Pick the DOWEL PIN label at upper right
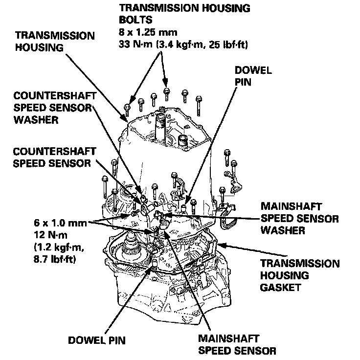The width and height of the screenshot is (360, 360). coord(253,76)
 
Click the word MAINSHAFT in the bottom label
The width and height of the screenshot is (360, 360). coord(229,338)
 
